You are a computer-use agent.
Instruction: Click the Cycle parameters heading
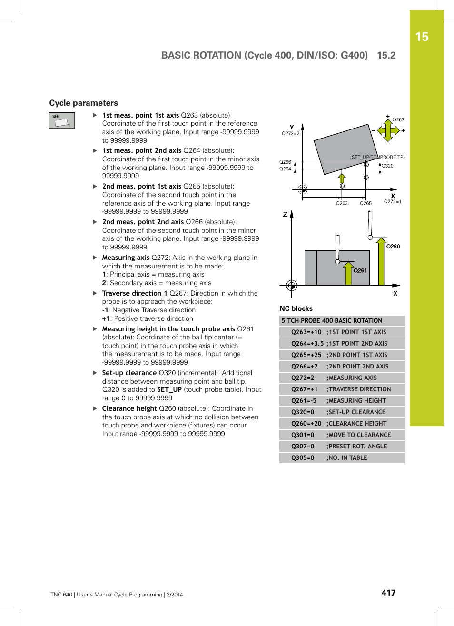tap(83, 103)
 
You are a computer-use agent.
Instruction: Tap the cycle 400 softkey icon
tap(62, 120)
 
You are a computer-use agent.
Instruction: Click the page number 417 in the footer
tap(388, 593)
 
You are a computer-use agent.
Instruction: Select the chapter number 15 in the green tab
tap(422, 37)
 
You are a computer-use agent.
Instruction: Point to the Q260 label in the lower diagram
tap(393, 246)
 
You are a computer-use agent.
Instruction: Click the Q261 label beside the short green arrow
tap(360, 270)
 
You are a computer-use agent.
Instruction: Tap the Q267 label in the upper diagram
tap(398, 120)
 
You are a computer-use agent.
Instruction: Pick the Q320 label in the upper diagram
tap(387, 166)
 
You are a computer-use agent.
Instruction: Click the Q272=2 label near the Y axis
tap(290, 133)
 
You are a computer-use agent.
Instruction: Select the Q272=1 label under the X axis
tap(393, 201)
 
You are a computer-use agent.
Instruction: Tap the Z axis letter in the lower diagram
tap(285, 215)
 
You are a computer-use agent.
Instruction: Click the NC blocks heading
tap(296, 308)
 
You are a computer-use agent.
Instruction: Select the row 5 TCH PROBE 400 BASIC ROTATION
tap(332, 321)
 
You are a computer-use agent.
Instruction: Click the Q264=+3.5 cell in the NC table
tap(307, 344)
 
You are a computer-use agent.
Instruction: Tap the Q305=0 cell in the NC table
tap(303, 458)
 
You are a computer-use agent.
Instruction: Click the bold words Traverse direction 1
tap(134, 293)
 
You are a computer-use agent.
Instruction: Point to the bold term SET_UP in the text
tap(169, 389)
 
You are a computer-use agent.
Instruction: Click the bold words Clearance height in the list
tap(129, 408)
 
